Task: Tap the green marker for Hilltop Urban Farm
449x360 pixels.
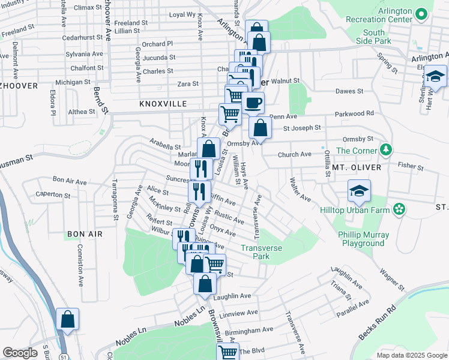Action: coord(398,209)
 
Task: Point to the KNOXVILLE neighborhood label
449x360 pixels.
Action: coord(163,104)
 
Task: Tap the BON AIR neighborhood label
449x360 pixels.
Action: coord(85,233)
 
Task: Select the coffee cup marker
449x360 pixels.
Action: coord(253,103)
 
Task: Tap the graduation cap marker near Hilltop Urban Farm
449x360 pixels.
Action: coord(359,191)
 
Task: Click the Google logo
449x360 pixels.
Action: coord(20,353)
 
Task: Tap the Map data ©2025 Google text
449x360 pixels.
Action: coord(411,355)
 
